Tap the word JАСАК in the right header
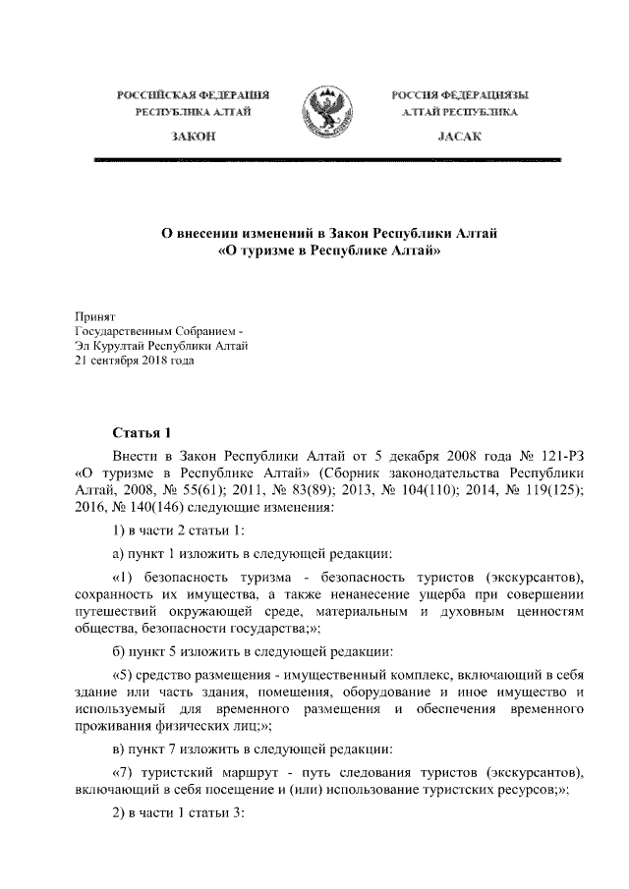[459, 139]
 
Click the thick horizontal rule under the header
[324, 158]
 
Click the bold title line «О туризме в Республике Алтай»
[323, 252]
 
